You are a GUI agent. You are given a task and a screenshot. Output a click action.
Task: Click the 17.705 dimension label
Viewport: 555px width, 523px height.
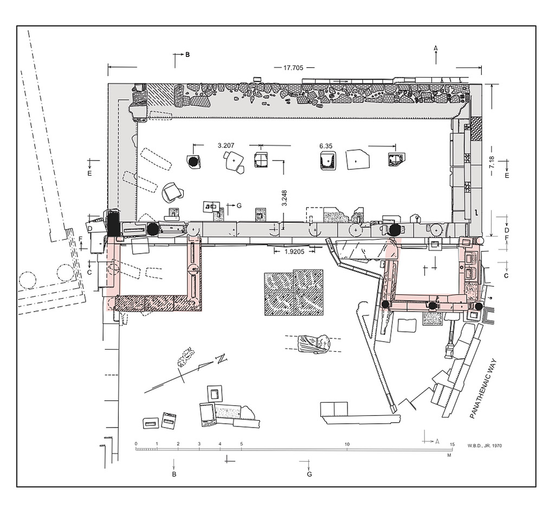tap(293, 68)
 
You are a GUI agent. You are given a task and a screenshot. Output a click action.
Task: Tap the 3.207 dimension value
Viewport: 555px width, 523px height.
tap(226, 145)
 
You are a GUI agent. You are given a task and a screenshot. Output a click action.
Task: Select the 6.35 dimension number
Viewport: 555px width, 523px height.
tap(326, 146)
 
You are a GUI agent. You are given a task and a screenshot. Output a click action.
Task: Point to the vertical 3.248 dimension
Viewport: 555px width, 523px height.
tap(284, 198)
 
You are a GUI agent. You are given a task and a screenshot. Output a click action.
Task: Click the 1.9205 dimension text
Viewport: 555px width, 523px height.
tap(294, 251)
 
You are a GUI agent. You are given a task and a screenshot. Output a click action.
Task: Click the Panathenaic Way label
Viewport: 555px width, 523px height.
tap(483, 389)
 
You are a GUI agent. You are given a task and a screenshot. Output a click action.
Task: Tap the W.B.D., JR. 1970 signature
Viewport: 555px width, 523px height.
tap(484, 445)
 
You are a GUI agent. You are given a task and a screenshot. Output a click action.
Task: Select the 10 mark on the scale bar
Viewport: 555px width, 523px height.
tap(347, 444)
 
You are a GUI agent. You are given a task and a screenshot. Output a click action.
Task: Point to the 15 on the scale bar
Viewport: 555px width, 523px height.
tap(452, 444)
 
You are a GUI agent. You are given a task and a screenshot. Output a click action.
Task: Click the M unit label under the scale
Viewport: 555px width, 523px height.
tap(449, 455)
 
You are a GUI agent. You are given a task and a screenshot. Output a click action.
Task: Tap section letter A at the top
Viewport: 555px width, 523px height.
tap(436, 48)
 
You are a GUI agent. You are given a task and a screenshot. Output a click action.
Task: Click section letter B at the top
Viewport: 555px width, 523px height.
tap(188, 55)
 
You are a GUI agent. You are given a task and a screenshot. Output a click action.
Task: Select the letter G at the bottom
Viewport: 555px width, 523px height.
tap(309, 474)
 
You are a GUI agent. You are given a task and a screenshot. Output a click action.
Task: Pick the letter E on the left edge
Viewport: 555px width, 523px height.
tap(89, 173)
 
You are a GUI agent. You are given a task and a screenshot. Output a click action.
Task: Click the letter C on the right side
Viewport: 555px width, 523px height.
tap(506, 276)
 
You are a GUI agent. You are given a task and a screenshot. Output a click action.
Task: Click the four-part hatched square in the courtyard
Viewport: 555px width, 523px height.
tap(294, 292)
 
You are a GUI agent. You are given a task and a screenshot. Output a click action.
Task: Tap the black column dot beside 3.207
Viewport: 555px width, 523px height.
tap(193, 162)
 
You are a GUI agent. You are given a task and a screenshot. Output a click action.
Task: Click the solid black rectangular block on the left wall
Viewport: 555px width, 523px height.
tap(114, 223)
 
